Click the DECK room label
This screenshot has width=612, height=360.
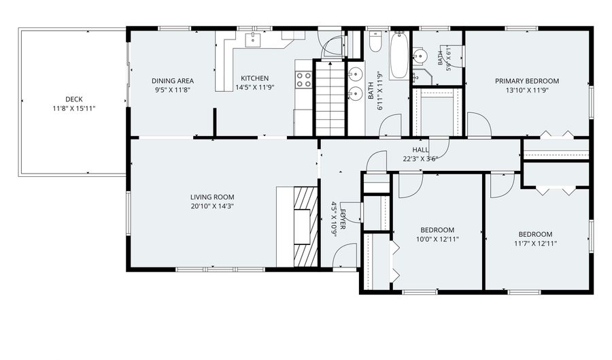click(73, 99)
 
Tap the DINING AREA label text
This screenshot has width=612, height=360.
click(173, 81)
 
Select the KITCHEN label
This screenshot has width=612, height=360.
click(254, 78)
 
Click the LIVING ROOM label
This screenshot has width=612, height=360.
click(212, 197)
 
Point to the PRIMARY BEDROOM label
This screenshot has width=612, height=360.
click(527, 81)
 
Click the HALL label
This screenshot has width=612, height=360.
click(420, 150)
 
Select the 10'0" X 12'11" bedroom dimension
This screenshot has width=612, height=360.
click(437, 239)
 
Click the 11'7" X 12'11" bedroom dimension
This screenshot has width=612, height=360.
click(535, 243)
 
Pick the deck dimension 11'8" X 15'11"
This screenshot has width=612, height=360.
click(73, 109)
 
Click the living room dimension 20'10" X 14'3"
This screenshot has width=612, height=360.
click(212, 206)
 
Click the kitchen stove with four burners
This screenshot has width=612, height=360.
click(304, 79)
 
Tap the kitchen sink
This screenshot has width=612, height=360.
click(253, 40)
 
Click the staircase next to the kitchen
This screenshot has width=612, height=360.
click(330, 99)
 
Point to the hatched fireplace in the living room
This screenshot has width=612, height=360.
click(305, 227)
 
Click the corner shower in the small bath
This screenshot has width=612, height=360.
click(422, 77)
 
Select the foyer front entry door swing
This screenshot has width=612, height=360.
click(345, 256)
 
